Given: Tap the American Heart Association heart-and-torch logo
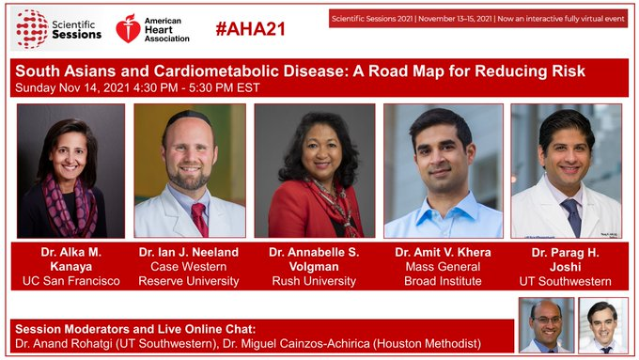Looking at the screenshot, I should click(129, 28).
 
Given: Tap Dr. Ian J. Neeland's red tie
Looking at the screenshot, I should click(199, 218).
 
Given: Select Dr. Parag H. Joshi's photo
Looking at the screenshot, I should click(566, 170).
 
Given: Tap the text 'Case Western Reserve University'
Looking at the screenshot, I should click(189, 273).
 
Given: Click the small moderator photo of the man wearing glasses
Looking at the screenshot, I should click(546, 324).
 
